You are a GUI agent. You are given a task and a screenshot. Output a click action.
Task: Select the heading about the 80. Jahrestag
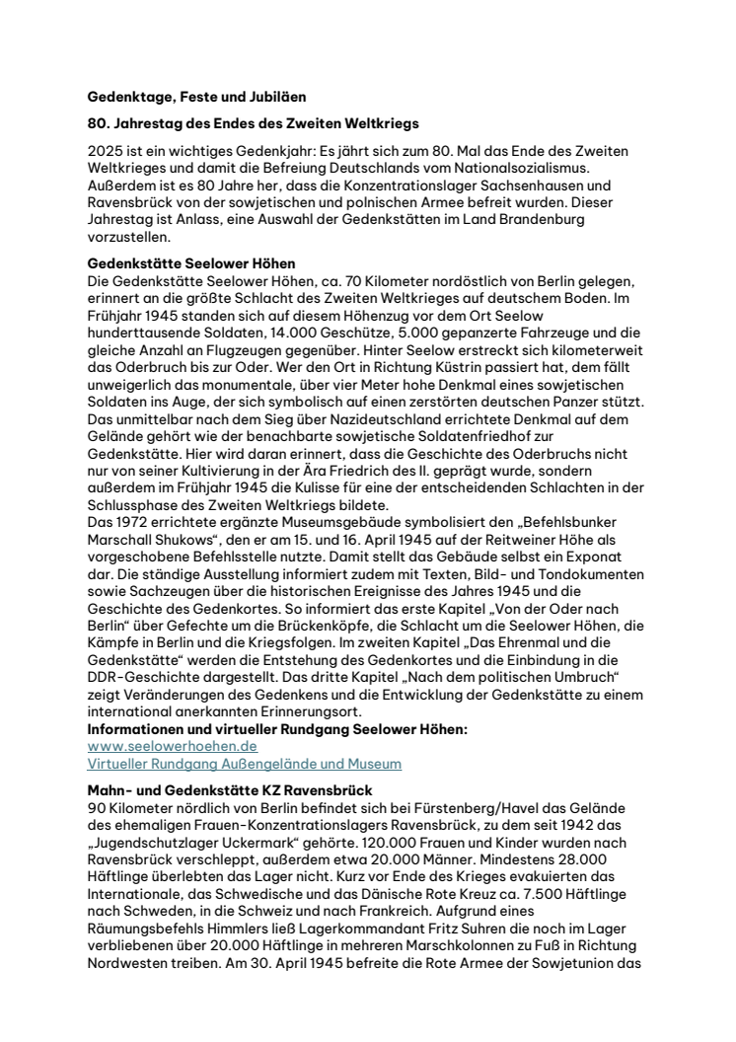253,124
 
